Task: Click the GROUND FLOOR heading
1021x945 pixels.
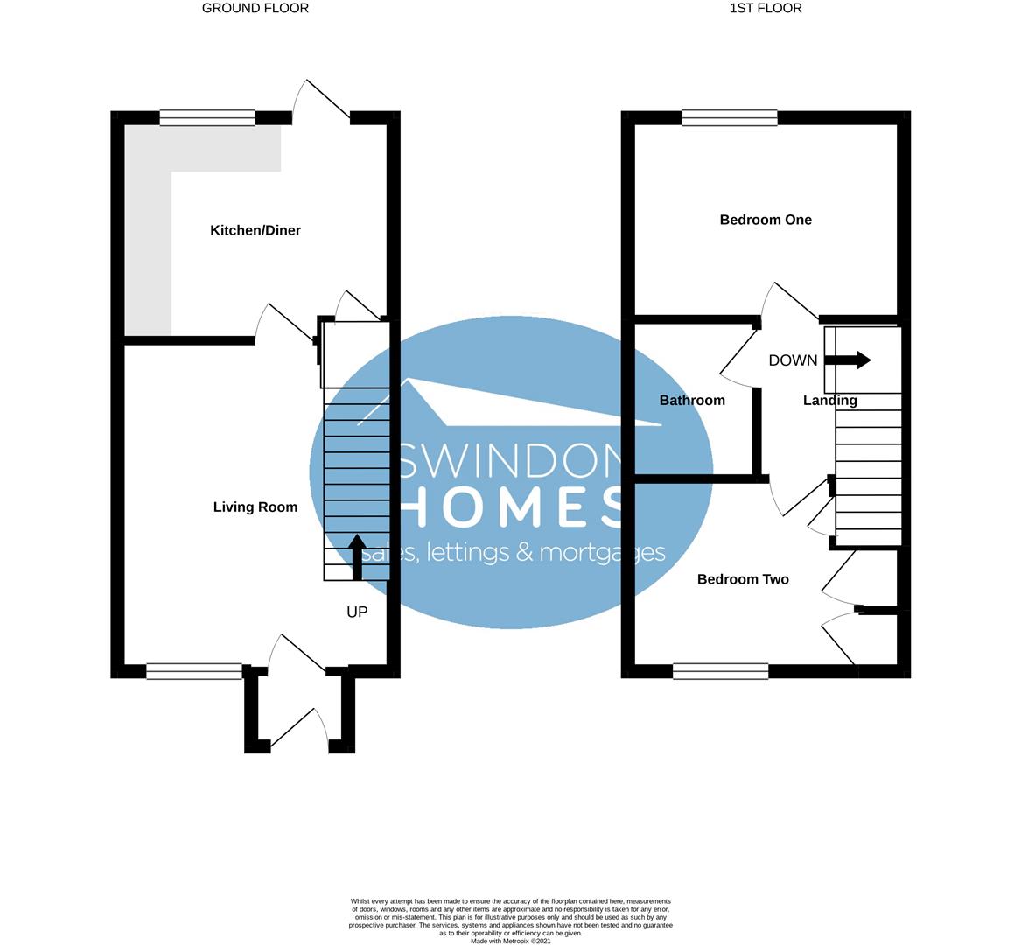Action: point(255,8)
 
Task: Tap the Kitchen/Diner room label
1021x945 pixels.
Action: point(255,230)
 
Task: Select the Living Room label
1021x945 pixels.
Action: point(255,507)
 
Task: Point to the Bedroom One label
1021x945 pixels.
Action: point(766,220)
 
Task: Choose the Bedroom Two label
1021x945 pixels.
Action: point(743,579)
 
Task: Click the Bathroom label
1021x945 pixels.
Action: point(692,400)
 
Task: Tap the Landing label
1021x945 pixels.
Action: point(829,400)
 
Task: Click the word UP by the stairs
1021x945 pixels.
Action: point(357,612)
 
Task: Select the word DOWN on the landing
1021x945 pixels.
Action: point(793,360)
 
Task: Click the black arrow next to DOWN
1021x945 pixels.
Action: point(848,360)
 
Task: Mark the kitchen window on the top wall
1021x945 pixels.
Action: point(207,118)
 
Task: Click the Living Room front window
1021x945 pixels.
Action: point(194,671)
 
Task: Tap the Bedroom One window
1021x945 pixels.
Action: point(730,118)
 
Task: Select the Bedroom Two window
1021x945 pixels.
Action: point(721,671)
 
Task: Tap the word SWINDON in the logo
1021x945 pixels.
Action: point(511,459)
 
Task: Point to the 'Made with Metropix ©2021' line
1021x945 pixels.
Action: point(511,941)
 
